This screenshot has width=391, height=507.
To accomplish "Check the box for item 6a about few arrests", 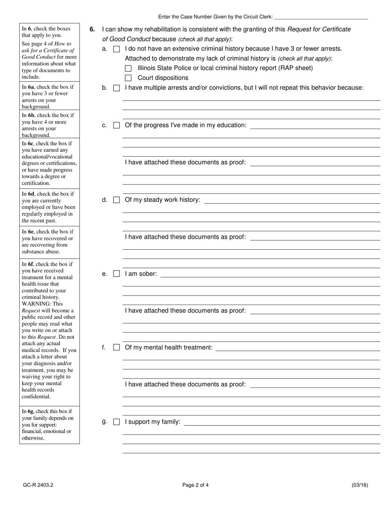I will pyautogui.click(x=116, y=49).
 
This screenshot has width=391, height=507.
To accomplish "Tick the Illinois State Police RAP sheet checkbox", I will pyautogui.click(x=128, y=68).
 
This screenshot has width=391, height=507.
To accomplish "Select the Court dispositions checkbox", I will pyautogui.click(x=128, y=78).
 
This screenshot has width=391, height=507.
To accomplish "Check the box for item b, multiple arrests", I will pyautogui.click(x=116, y=88).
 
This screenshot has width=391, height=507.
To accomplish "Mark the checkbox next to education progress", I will pyautogui.click(x=116, y=125).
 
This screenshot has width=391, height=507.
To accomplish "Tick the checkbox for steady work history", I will pyautogui.click(x=116, y=200).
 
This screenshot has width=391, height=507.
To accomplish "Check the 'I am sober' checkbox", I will pyautogui.click(x=116, y=274).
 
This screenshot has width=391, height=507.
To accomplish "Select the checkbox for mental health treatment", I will pyautogui.click(x=116, y=347).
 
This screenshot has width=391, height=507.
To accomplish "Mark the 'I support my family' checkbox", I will pyautogui.click(x=116, y=422).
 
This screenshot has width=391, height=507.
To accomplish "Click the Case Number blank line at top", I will pyautogui.click(x=321, y=18).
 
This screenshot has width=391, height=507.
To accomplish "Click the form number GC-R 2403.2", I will pyautogui.click(x=38, y=485).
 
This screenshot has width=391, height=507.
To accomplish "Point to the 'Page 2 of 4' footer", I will pyautogui.click(x=195, y=485).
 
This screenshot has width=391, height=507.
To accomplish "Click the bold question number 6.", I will pyautogui.click(x=92, y=29).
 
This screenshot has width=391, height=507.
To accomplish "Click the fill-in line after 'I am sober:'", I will pyautogui.click(x=270, y=276).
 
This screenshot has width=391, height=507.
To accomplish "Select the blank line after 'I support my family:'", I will pyautogui.click(x=282, y=424).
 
